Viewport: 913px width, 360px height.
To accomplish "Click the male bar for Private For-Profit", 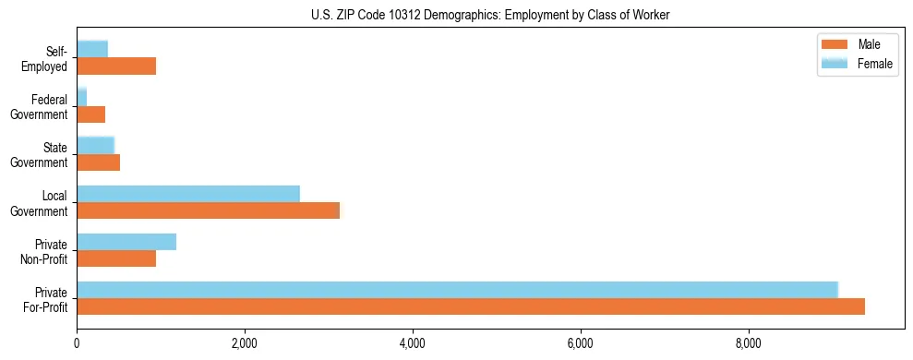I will click(x=471, y=306).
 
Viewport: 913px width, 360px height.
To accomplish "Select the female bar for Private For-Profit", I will click(x=457, y=290).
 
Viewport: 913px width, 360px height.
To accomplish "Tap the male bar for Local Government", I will click(x=208, y=210).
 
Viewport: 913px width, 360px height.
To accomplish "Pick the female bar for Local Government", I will click(x=188, y=194).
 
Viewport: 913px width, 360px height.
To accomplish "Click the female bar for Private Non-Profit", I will click(x=126, y=242).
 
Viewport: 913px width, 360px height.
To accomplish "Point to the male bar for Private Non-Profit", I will click(x=116, y=258).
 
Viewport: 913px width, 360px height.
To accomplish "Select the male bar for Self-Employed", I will click(x=116, y=66).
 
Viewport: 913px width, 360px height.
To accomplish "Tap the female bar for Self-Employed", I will click(x=92, y=49).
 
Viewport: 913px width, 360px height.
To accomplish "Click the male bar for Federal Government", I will click(x=90, y=114).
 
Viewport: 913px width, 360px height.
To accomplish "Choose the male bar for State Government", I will click(x=98, y=162).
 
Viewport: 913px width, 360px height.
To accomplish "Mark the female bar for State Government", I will click(x=95, y=145).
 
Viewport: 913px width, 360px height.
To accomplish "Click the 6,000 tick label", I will click(x=581, y=344).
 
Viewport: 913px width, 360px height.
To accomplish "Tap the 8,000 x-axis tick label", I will click(x=749, y=344).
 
